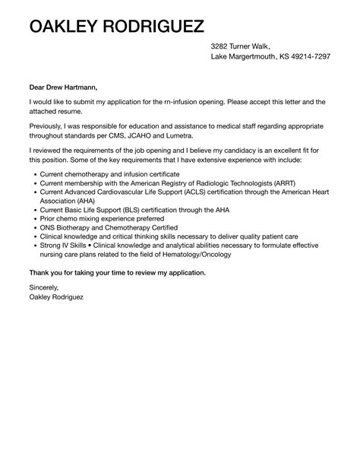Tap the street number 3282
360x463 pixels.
click(222, 46)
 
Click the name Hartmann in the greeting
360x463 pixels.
click(77, 88)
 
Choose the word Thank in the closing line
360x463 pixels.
click(40, 271)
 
